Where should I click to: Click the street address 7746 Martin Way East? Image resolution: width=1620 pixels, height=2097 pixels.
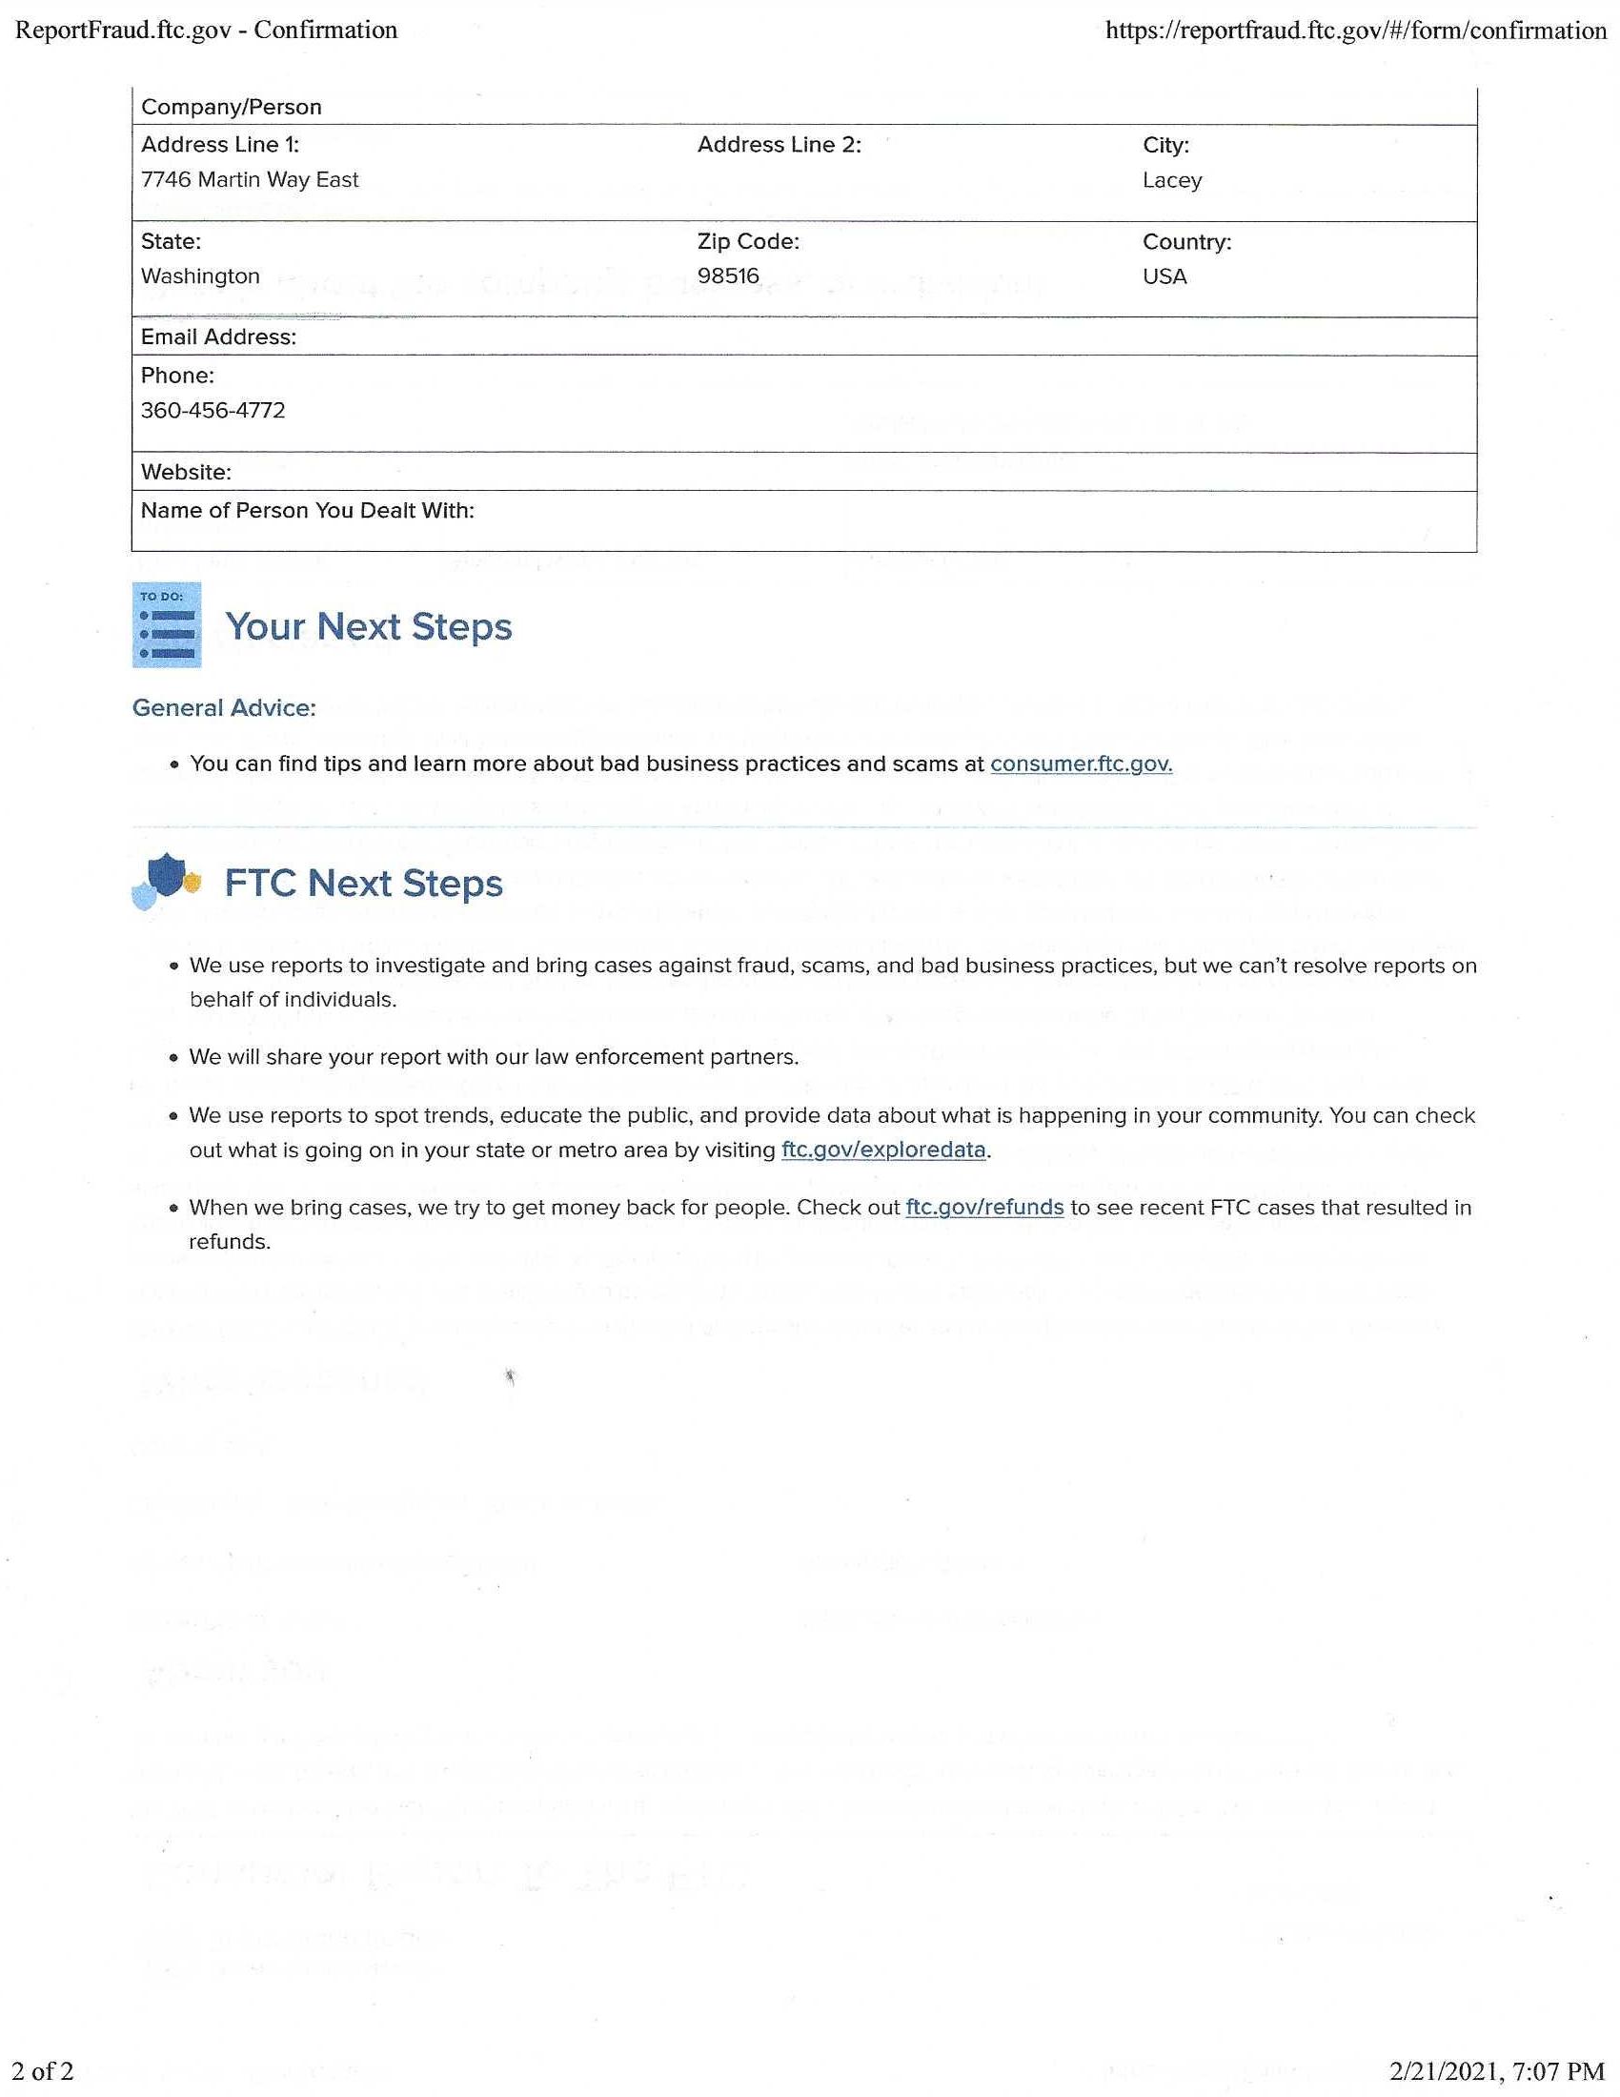point(250,179)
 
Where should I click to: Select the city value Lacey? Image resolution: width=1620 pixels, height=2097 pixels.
point(1172,180)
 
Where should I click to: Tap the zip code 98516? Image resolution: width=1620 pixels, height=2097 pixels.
point(727,276)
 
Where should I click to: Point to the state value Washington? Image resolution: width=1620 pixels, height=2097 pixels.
point(199,276)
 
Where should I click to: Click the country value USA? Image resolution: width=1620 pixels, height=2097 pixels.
point(1164,276)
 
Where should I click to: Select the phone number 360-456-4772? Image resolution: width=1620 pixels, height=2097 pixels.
point(213,411)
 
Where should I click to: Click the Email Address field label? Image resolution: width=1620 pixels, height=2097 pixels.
point(218,337)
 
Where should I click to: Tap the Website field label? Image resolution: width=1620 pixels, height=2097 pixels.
point(185,473)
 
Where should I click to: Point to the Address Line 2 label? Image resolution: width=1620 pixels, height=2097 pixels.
point(779,145)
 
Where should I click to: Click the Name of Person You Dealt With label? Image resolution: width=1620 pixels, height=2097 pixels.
point(307,511)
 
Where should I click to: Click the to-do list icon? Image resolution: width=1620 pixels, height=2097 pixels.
point(167,625)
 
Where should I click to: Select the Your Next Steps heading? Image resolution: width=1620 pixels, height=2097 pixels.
point(369,627)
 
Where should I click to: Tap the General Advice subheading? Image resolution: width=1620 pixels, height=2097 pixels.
point(224,708)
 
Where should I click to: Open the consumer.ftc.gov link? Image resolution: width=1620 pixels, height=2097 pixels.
point(1081,764)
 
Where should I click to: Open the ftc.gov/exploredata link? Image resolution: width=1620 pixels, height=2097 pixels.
point(883,1150)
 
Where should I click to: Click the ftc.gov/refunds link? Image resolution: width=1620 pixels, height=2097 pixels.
point(983,1208)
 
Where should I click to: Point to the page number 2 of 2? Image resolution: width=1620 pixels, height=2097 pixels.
point(43,2071)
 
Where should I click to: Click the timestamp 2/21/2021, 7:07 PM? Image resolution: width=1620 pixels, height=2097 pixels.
point(1497,2071)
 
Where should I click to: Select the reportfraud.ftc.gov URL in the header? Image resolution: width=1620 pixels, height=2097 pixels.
point(1355,31)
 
